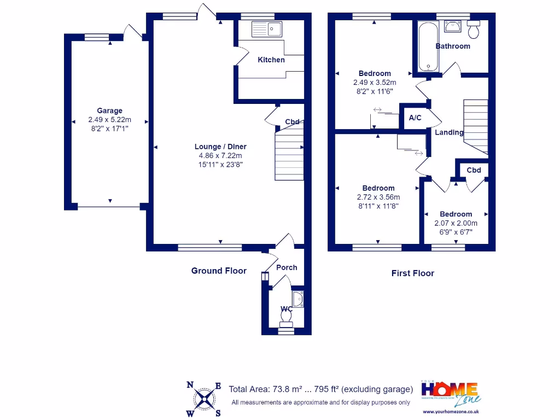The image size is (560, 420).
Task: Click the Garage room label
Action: coord(109,110)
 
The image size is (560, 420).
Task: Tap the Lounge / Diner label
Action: coord(220,147)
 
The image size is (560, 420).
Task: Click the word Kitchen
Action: coord(271,60)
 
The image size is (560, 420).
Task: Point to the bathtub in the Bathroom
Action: coord(428,47)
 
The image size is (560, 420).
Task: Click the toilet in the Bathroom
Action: coord(474,30)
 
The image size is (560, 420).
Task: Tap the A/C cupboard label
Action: coord(415,118)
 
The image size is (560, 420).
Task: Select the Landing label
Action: coord(449,132)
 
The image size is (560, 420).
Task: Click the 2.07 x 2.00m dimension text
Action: coord(456,223)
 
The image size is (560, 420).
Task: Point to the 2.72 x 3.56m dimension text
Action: coord(378,197)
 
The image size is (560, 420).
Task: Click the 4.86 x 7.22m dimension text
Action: coord(220,156)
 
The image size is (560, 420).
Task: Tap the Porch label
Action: coord(287,267)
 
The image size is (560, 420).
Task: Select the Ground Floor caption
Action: coord(219,271)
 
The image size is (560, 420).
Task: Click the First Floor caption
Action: coord(412,273)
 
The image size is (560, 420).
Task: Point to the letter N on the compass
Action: coord(190,384)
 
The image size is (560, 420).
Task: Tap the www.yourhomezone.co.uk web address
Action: coord(451,411)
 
